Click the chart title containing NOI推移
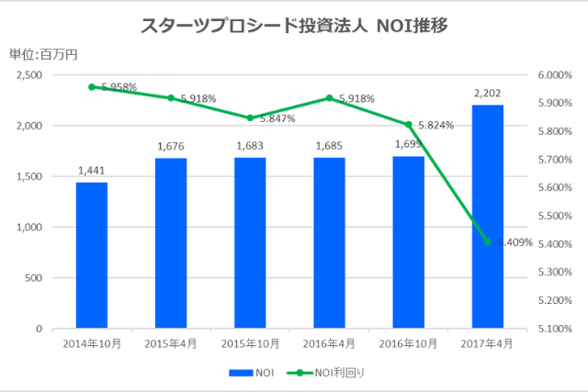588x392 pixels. coord(293,26)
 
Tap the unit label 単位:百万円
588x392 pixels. coord(44,53)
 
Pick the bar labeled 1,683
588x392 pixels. coord(250,242)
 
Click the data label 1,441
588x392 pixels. coord(91,170)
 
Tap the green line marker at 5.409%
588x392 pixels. coord(487,241)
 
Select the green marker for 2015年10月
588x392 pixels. coord(250,118)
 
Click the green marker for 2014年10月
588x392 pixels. coord(91,87)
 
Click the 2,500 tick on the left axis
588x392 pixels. coord(30,75)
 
